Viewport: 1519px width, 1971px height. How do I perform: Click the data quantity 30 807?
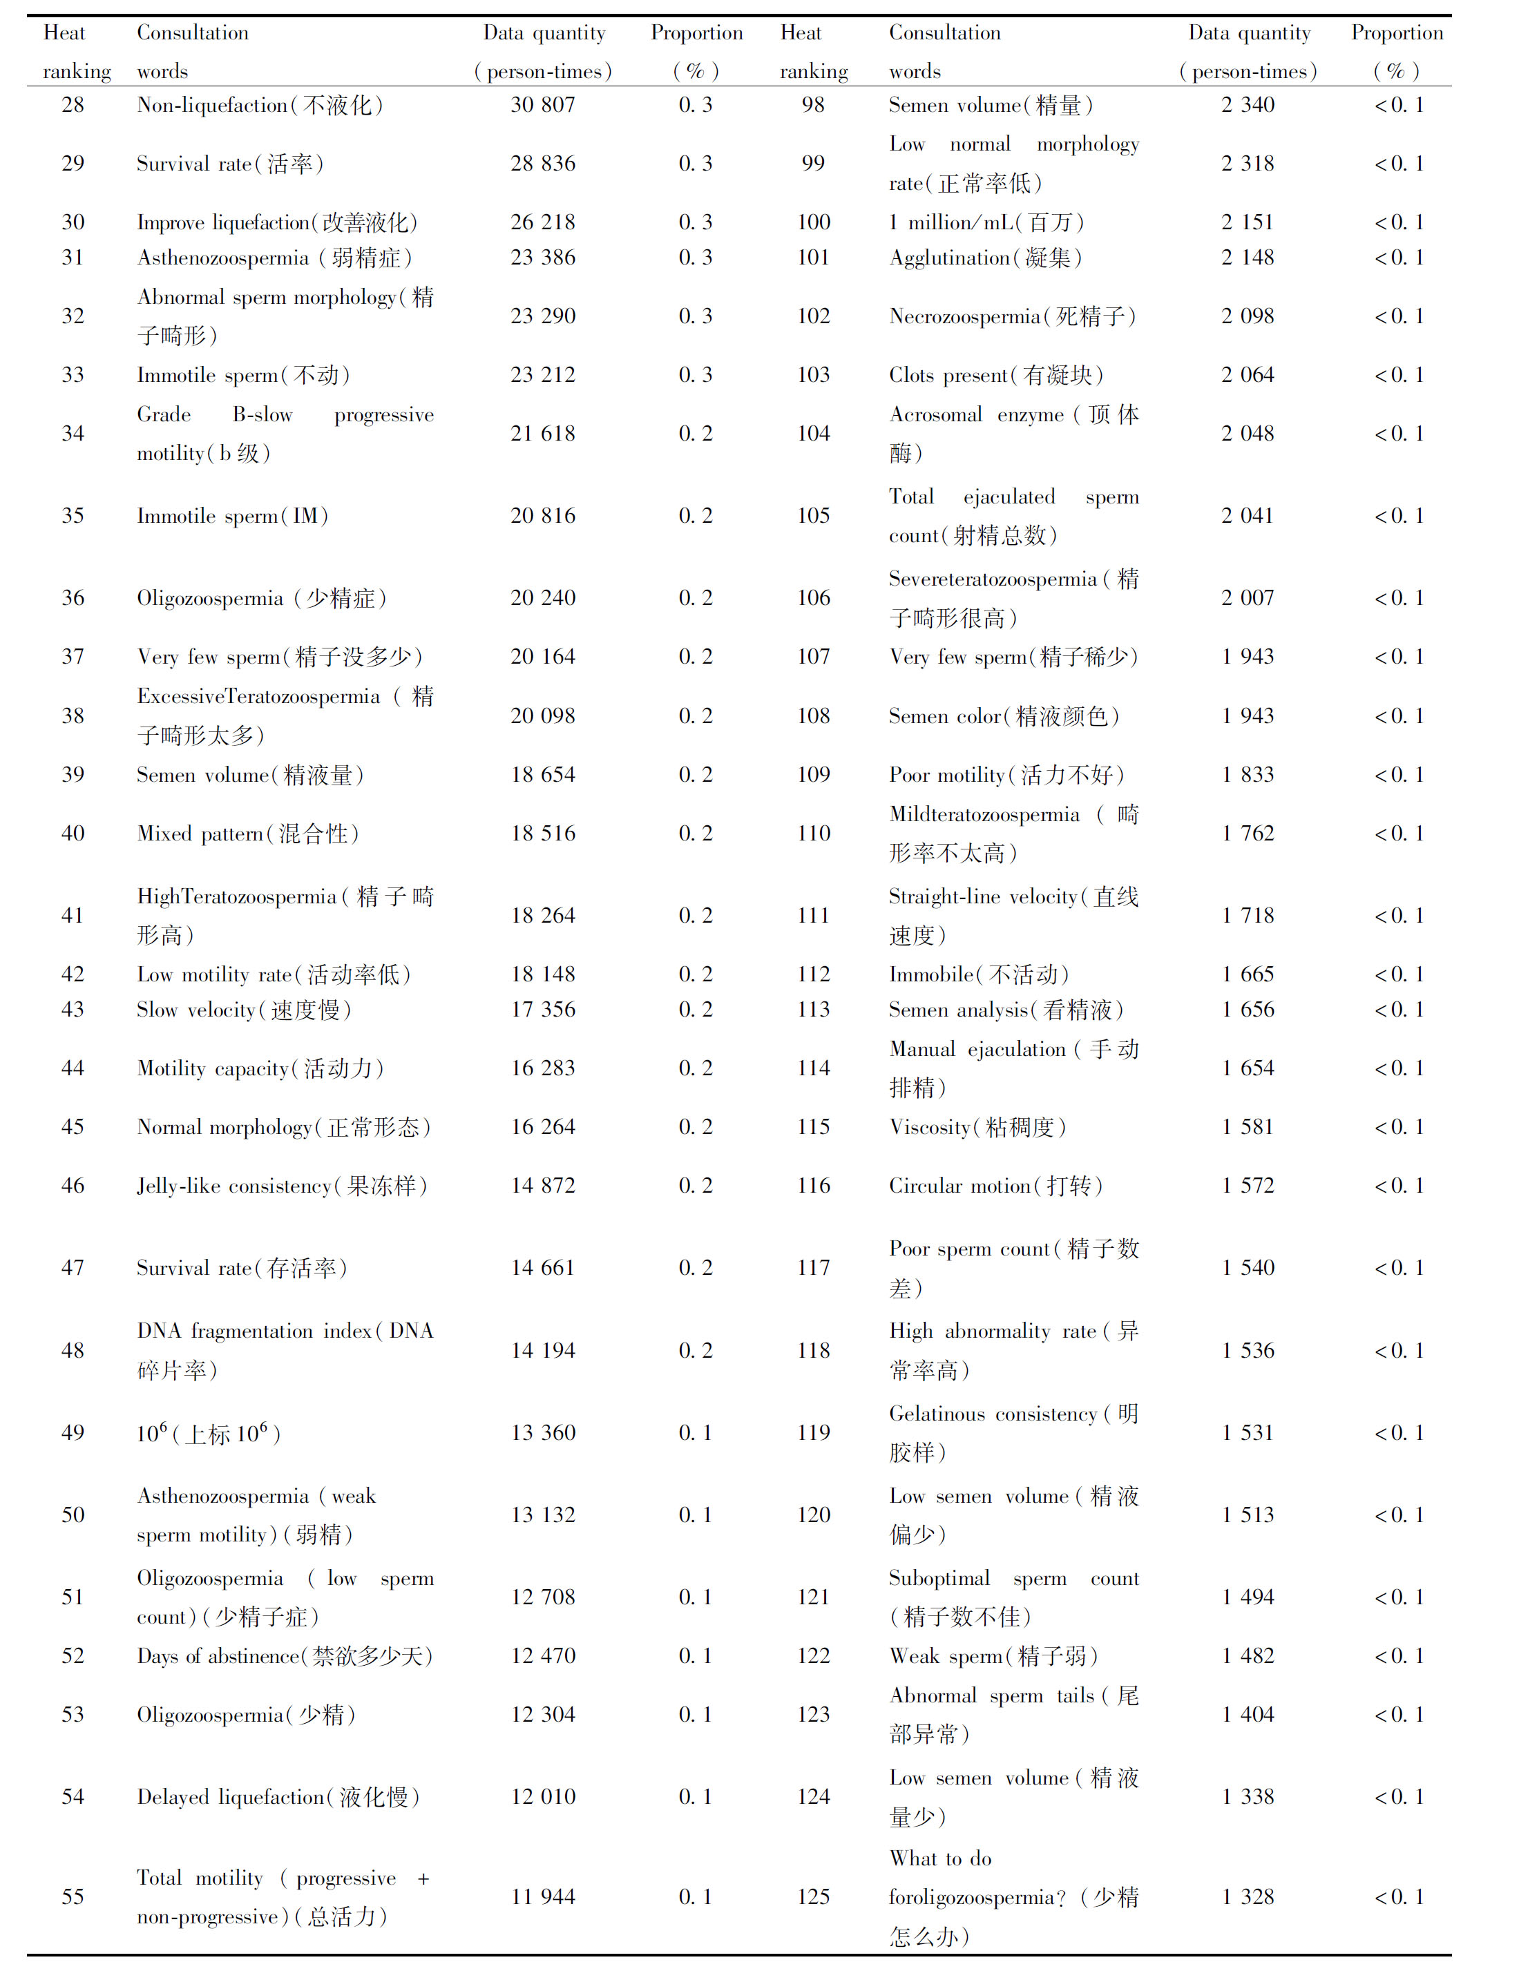[542, 105]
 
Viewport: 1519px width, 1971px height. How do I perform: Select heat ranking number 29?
[73, 164]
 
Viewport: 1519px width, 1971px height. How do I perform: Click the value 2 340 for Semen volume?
[1248, 105]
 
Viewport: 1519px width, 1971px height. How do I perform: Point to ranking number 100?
[813, 222]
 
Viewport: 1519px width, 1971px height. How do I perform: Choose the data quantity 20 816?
[542, 515]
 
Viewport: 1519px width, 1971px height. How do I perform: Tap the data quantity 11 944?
[542, 1897]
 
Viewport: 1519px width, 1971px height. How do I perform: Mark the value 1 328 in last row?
[1248, 1897]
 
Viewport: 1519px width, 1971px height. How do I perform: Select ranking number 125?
[813, 1897]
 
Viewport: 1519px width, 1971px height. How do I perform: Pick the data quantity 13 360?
[542, 1433]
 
